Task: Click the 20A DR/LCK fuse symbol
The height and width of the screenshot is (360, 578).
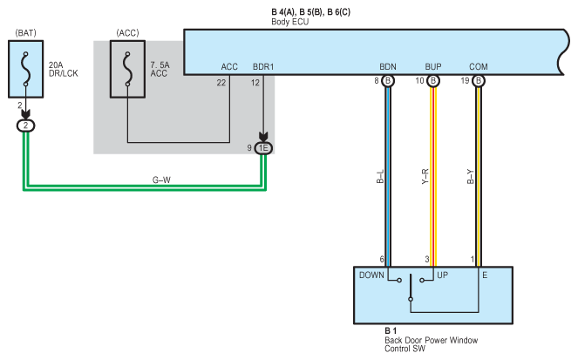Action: point(26,69)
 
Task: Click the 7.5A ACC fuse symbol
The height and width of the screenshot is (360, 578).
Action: point(127,69)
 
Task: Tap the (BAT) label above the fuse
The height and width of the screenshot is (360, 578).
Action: point(26,33)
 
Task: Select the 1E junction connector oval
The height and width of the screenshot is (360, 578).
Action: point(263,148)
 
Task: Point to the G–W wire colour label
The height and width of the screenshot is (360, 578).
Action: point(161,180)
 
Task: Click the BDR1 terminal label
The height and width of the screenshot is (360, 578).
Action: point(263,67)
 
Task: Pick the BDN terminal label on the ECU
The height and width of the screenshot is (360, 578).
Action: point(388,67)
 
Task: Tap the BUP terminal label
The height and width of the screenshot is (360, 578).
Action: point(433,67)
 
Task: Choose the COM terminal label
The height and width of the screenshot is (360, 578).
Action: point(479,67)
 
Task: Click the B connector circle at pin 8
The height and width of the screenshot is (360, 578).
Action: point(388,81)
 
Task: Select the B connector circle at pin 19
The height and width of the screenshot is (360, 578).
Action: point(479,81)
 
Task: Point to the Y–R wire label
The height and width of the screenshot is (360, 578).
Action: point(425,176)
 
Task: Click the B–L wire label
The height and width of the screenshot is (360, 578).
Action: point(380,176)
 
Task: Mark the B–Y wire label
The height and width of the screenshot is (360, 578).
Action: point(471,176)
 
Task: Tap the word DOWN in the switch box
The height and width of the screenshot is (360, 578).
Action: point(371,275)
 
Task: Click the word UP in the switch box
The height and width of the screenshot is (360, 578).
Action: point(442,275)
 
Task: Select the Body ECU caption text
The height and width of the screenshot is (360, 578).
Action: point(289,22)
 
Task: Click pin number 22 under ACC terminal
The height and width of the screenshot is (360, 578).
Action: point(221,83)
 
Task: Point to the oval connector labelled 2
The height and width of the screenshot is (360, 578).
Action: point(26,126)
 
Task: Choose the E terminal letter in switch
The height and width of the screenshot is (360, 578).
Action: point(485,275)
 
